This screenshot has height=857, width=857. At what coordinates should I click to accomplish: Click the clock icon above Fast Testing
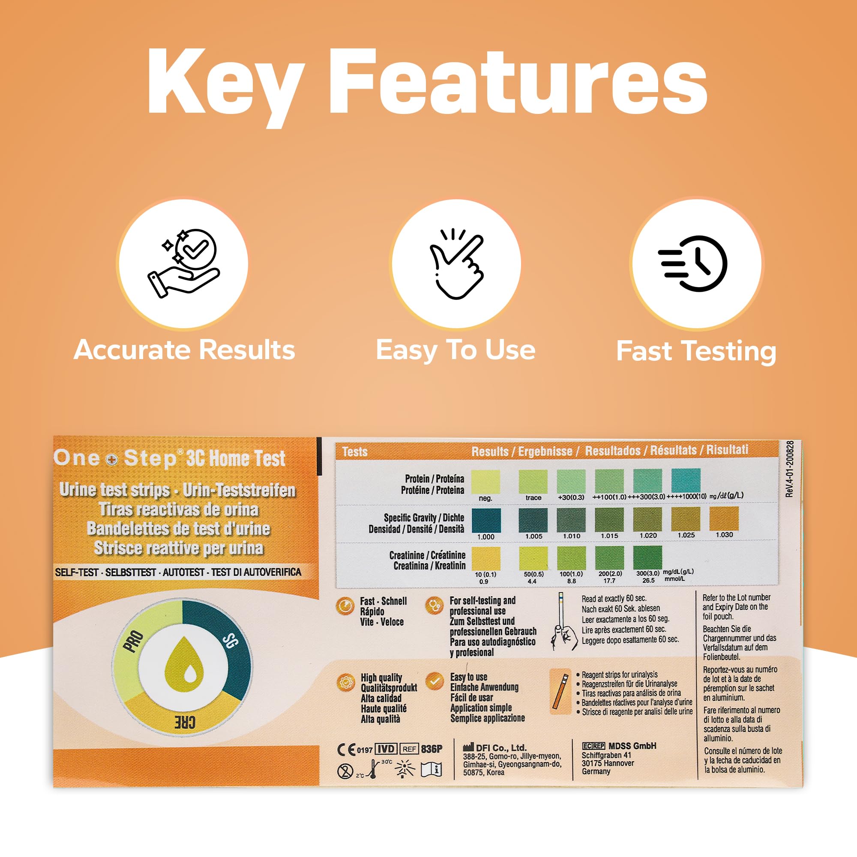tap(693, 264)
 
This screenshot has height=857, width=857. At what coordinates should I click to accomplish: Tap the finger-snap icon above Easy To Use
tap(456, 264)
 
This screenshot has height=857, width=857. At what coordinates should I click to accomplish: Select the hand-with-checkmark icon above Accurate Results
tap(184, 263)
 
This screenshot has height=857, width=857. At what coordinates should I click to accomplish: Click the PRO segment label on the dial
tap(133, 642)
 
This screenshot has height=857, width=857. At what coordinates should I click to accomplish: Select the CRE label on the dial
tap(184, 722)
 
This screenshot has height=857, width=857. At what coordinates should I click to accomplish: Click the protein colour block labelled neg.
tap(485, 481)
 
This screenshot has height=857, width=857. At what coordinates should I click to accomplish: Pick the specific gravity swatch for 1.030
tap(724, 518)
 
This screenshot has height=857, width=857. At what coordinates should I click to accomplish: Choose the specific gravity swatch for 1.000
tap(486, 520)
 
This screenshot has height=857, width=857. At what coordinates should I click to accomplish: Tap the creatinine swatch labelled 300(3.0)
tap(647, 557)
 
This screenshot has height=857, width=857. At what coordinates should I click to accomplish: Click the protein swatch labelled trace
tap(533, 481)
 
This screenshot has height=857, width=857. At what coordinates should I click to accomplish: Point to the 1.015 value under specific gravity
tap(609, 536)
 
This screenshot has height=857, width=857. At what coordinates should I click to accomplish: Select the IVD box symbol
tap(386, 749)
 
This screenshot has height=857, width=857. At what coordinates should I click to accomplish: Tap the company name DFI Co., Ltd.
tap(501, 748)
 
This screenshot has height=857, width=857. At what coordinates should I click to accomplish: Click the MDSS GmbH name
tap(632, 746)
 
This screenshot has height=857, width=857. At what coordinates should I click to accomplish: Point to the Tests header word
tap(355, 452)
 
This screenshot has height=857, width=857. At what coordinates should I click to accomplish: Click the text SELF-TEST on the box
tap(76, 572)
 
